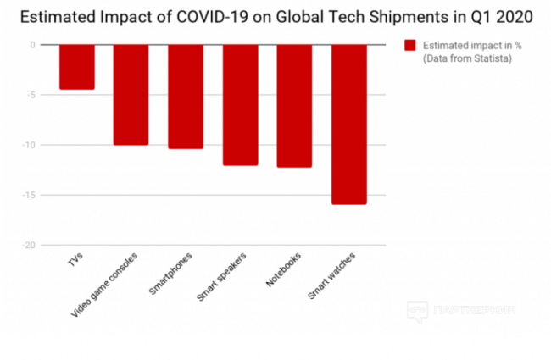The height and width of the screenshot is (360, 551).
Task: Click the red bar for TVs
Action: pos(76,67)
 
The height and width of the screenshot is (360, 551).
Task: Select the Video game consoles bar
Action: pos(131,94)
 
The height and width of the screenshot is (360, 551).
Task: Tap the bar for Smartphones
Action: pos(185,97)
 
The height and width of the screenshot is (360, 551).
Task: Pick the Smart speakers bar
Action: pos(240,104)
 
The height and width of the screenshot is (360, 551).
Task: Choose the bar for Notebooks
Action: pos(294,106)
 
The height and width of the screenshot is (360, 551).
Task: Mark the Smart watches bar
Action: pos(348,124)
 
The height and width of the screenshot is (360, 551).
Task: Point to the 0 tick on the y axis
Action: pos(34,45)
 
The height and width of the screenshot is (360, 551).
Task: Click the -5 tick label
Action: pos(32,95)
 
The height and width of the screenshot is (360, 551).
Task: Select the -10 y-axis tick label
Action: pos(30,145)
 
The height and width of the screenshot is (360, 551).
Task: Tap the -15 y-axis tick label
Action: pos(30,195)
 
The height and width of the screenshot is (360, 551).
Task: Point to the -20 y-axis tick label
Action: pos(30,245)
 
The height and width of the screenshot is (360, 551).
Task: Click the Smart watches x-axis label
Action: pos(332,273)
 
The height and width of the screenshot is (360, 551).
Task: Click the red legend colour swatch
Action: pos(410,45)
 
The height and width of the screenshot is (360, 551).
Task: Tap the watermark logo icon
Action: pos(418,311)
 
